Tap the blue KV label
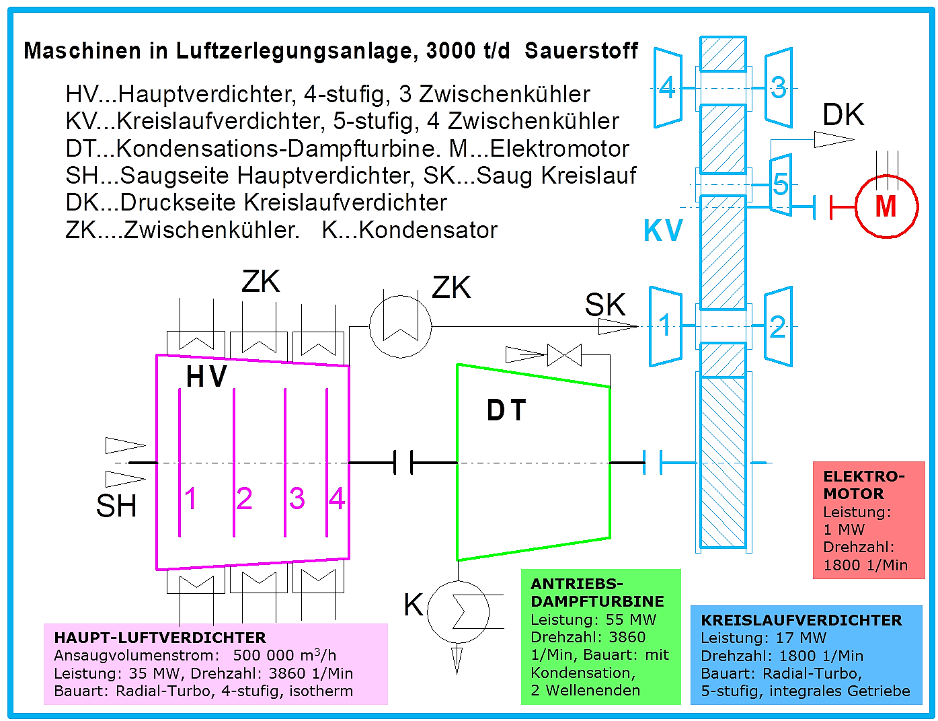662,231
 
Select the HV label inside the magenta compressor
206,377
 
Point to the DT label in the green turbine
506,410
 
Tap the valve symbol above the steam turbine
564,355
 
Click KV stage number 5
781,185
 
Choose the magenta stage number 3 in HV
297,498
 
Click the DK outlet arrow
834,139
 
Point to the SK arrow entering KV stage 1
618,326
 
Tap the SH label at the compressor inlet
116,506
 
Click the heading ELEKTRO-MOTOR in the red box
864,485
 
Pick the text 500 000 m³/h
284,655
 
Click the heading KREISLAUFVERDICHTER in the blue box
801,620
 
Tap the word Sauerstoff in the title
581,50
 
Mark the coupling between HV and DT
403,462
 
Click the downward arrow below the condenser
457,660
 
